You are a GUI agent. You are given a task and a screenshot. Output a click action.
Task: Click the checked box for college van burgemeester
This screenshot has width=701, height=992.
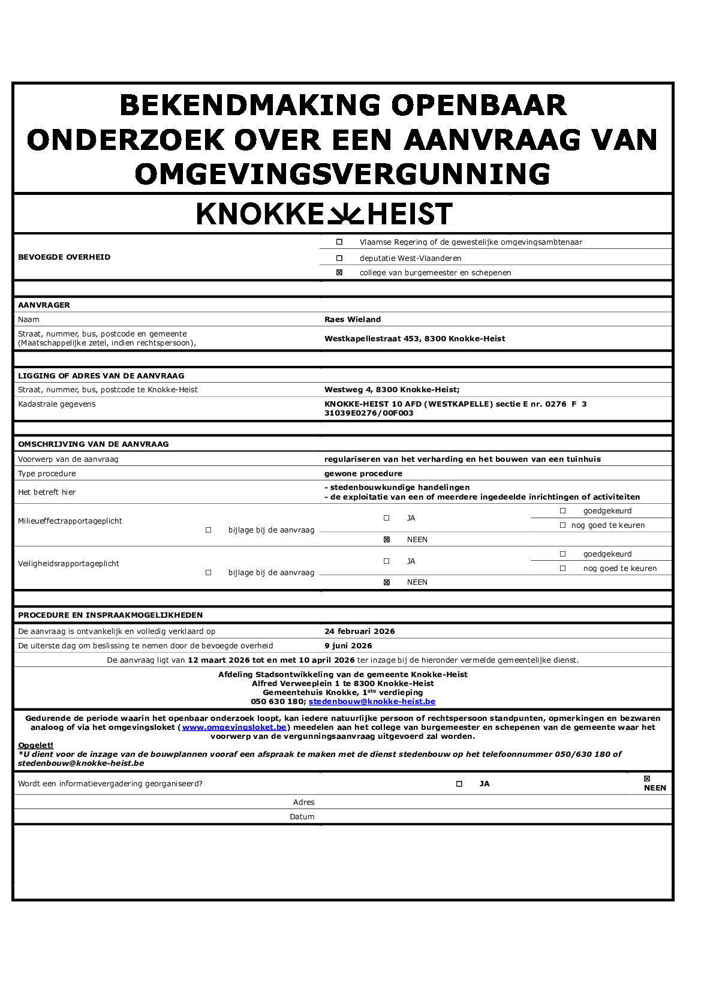click(x=339, y=272)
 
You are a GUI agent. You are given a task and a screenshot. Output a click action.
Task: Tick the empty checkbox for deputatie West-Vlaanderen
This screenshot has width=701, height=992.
click(x=339, y=258)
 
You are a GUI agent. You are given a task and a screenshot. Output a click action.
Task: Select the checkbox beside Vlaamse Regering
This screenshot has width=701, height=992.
click(x=339, y=242)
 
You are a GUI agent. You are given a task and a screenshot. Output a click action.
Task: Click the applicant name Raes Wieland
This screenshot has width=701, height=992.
click(x=353, y=320)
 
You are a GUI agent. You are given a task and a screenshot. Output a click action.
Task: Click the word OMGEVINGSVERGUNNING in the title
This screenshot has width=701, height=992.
click(x=342, y=175)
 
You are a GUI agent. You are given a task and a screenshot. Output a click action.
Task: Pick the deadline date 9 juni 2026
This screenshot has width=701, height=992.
click(x=348, y=646)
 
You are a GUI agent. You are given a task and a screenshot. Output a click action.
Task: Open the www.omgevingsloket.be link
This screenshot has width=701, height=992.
click(x=234, y=728)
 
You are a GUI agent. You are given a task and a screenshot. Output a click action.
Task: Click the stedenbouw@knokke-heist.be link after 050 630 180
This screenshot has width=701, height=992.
click(x=372, y=702)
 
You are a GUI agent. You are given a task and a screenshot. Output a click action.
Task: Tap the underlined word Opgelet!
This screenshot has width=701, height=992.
click(x=35, y=745)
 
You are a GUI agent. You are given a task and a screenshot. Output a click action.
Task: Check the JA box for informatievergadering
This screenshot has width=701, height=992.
click(x=459, y=784)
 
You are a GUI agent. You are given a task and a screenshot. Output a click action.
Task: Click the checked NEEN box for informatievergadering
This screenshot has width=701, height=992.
click(x=646, y=779)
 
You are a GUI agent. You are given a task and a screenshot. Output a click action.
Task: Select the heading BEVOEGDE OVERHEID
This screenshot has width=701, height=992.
click(x=64, y=257)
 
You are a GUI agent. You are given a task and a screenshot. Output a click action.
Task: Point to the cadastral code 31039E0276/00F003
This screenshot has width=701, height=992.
click(x=369, y=413)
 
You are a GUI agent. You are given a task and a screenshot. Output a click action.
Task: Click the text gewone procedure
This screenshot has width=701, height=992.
click(x=363, y=474)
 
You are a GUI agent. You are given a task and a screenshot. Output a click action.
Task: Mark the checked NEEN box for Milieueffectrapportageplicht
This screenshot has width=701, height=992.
click(x=387, y=540)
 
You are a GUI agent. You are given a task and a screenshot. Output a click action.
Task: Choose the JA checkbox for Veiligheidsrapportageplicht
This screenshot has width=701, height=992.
click(x=387, y=561)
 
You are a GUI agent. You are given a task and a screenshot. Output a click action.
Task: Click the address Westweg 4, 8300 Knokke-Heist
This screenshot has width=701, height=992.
click(x=392, y=390)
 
